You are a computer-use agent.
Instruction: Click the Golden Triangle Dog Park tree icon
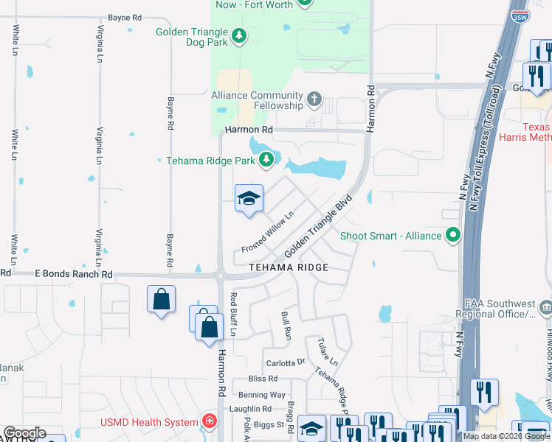(x=238, y=35)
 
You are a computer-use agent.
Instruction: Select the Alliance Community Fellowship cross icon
(x=314, y=99)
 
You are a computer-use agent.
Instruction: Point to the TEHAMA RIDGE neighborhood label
(x=288, y=267)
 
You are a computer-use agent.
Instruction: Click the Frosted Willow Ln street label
(x=268, y=233)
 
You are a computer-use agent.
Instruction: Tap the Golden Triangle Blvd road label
(x=320, y=225)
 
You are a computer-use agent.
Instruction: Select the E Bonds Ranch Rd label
(x=73, y=274)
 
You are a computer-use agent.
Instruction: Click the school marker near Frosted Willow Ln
(x=249, y=199)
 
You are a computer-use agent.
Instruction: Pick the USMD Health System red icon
(x=210, y=422)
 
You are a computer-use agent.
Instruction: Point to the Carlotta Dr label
(x=286, y=362)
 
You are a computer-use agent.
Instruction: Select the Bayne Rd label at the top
(x=124, y=17)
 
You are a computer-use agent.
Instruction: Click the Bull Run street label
(x=286, y=326)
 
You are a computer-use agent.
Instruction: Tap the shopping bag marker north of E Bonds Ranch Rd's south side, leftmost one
(x=161, y=300)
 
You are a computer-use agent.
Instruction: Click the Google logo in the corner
(x=24, y=433)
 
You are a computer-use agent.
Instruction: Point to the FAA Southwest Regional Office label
(x=500, y=309)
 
